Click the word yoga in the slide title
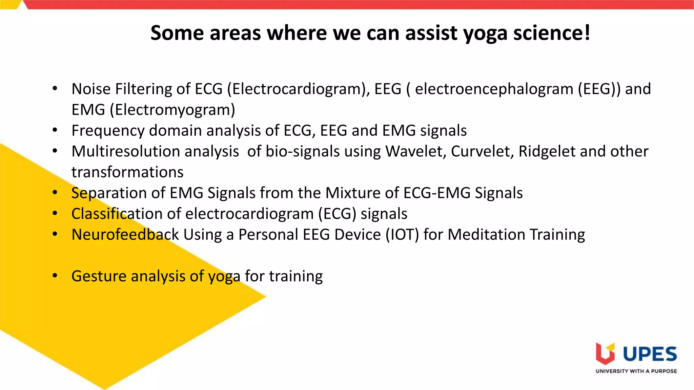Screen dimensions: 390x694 pos(485,34)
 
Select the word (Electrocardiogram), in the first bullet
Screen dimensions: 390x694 pos(298,89)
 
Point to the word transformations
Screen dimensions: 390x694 pos(127,172)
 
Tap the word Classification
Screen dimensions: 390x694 pos(117,214)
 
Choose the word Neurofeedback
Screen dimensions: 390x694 pos(125,235)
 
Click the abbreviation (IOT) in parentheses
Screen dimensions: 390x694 pos(402,235)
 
